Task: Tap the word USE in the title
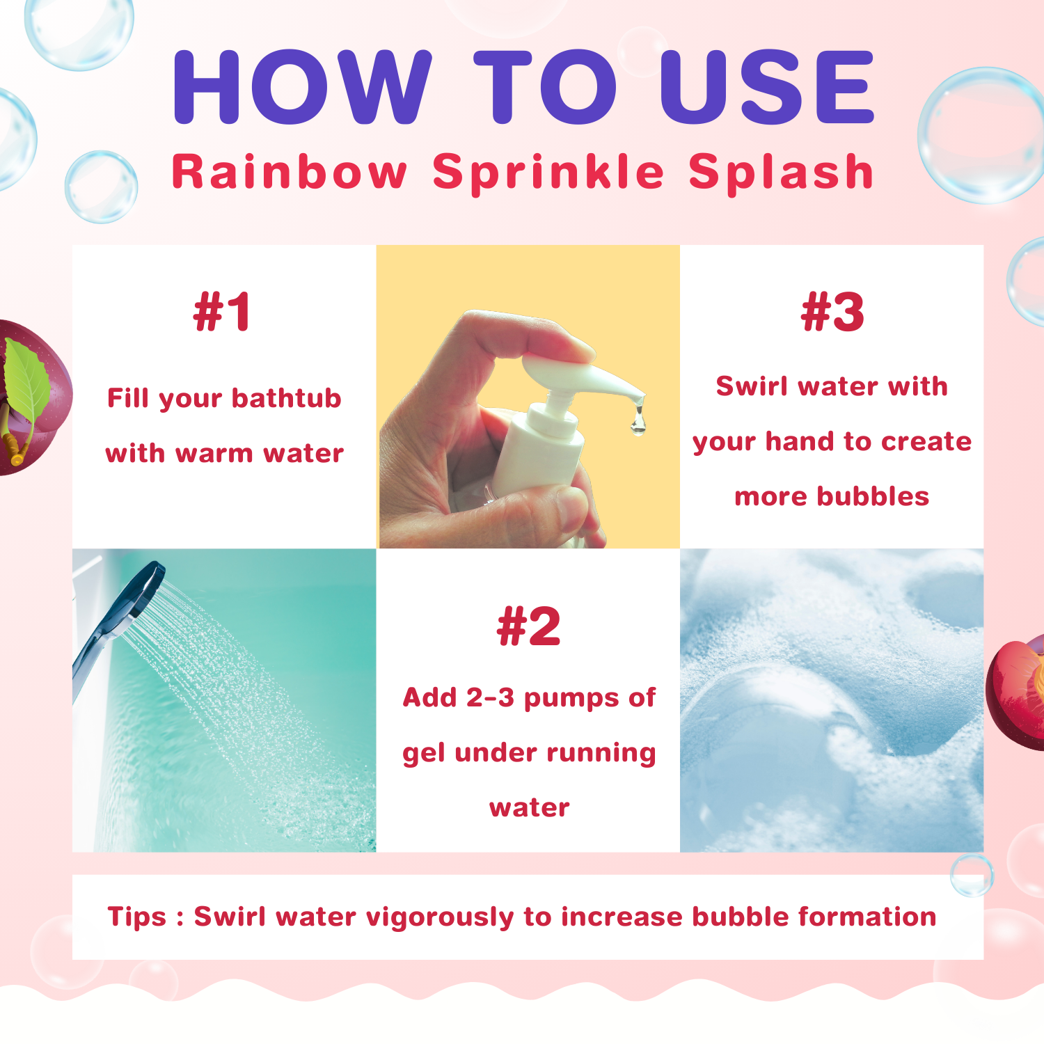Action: point(766,87)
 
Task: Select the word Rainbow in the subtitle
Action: point(289,171)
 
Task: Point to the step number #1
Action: point(222,312)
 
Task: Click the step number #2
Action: point(528,626)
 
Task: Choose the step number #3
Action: point(832,312)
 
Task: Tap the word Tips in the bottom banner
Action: point(137,917)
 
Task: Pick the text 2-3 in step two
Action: point(490,697)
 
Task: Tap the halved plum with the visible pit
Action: point(1016,693)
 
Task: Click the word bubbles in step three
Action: point(873,496)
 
